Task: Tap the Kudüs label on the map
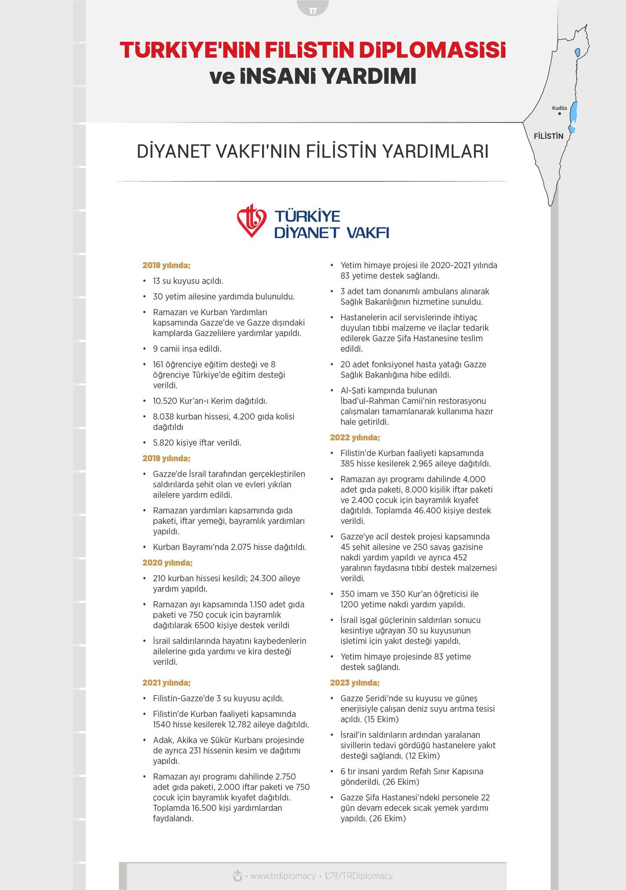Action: (x=560, y=108)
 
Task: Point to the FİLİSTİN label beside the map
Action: (x=548, y=136)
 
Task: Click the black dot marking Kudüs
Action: (x=560, y=114)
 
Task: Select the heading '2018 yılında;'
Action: (x=166, y=265)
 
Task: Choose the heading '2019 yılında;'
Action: (x=166, y=458)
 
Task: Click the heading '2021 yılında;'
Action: (x=166, y=683)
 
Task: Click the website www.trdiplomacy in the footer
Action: (x=283, y=876)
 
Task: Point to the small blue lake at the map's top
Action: (x=577, y=53)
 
